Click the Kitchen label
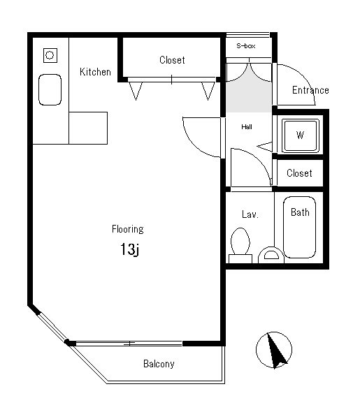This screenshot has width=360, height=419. [x=95, y=72]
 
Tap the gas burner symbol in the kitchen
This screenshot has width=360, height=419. [x=50, y=55]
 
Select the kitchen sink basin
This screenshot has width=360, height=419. [x=50, y=89]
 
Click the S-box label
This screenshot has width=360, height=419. [x=246, y=46]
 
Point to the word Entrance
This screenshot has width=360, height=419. [x=310, y=90]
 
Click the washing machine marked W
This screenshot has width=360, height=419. [x=301, y=135]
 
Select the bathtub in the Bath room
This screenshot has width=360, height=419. [x=299, y=228]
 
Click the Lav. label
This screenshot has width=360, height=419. [x=250, y=214]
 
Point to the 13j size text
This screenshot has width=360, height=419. [x=130, y=249]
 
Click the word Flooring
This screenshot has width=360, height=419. [x=128, y=229]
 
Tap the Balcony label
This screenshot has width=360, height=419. [x=159, y=364]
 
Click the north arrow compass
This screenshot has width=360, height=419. [x=274, y=350]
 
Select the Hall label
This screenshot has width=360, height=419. [x=247, y=126]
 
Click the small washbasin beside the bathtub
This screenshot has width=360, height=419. [x=271, y=255]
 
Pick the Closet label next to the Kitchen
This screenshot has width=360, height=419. [x=172, y=60]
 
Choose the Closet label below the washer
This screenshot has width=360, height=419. [x=299, y=173]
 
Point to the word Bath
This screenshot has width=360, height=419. [x=300, y=212]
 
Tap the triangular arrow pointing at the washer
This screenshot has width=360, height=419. [x=265, y=147]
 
